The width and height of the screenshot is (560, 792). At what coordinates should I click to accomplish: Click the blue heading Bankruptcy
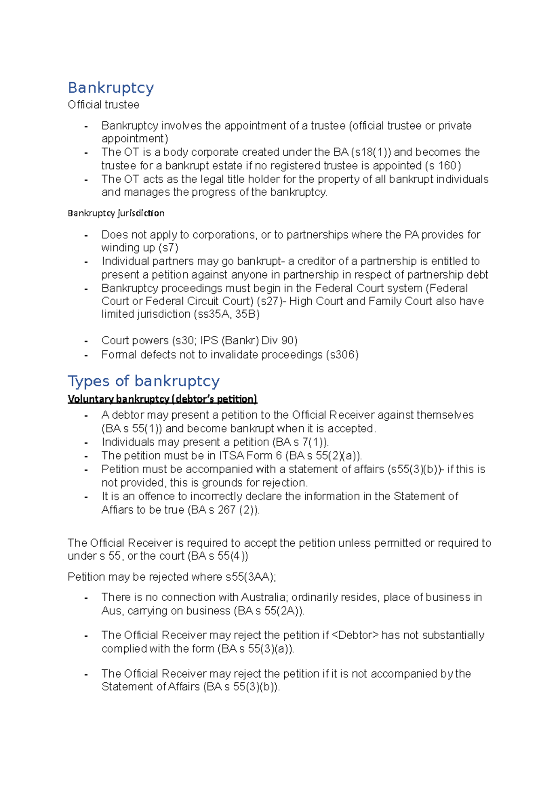(111, 88)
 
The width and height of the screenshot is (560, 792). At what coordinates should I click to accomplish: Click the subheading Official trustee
(103, 105)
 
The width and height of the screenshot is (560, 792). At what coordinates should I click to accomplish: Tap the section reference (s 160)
(443, 166)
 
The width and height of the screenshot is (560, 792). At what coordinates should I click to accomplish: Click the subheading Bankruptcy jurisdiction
(116, 213)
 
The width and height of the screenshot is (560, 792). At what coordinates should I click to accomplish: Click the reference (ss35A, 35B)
(226, 314)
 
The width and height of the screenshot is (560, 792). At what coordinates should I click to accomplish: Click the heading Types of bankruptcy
(143, 381)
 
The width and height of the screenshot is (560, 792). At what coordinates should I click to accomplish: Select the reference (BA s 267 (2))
(224, 510)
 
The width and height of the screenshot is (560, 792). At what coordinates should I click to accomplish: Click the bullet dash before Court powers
(86, 341)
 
